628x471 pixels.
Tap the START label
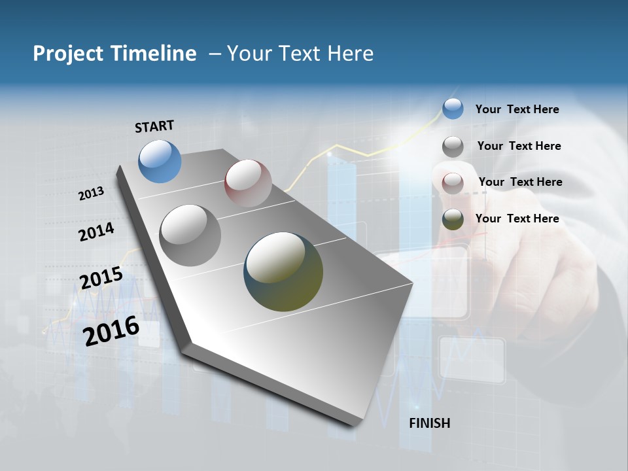point(154,126)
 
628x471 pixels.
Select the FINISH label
point(430,423)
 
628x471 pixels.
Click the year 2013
point(92,194)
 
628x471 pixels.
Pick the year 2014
point(96,232)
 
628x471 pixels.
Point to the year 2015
point(101,278)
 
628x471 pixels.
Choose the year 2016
point(111,331)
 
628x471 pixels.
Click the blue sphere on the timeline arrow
point(160,161)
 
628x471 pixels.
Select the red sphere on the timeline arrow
point(248,183)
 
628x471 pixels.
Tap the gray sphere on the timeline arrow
point(190,235)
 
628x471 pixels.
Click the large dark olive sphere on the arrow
point(283,271)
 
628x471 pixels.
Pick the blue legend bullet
point(453,109)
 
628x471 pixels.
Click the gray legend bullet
point(453,147)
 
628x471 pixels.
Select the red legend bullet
point(453,183)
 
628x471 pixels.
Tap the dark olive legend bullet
point(453,220)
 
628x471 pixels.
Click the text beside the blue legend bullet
point(517,109)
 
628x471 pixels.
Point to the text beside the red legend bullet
point(520,182)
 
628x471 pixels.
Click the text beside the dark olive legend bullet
point(517,218)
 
